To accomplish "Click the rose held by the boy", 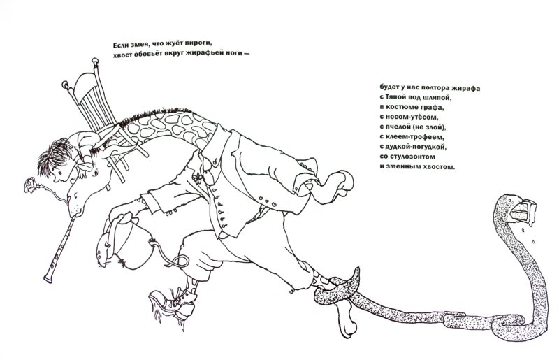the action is point(30,185).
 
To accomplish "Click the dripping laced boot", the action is point(173,303).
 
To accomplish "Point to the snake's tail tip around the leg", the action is point(355,279).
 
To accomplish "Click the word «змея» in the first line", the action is point(140,45).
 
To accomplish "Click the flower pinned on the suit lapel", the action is point(197,178).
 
